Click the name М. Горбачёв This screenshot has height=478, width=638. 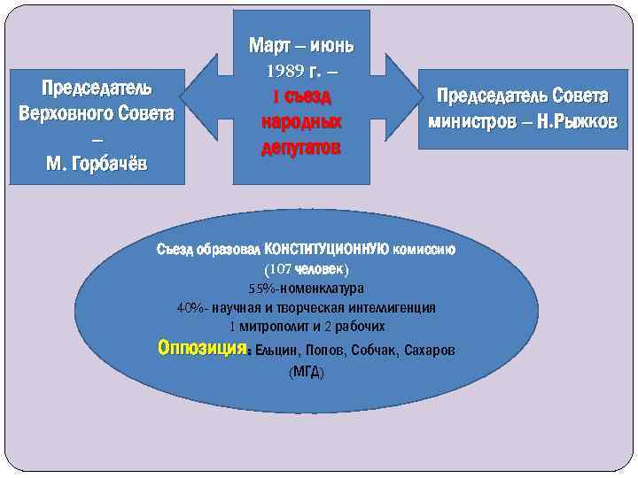point(97,164)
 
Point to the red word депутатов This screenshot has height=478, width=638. point(301,147)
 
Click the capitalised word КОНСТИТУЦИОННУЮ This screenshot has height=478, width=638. point(326,249)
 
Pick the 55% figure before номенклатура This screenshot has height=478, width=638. point(263,289)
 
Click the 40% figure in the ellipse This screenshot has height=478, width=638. point(191,308)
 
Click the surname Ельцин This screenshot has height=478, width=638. point(276,351)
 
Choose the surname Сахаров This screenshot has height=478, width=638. point(430,351)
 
